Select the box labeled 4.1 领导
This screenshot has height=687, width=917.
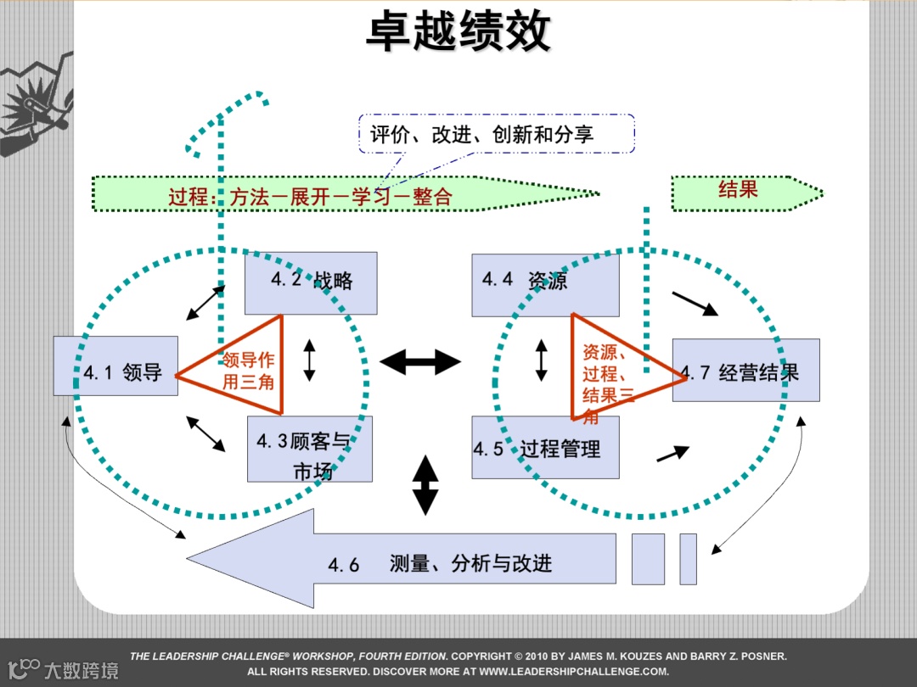[x=115, y=366]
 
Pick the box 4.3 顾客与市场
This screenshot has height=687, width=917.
[x=309, y=450]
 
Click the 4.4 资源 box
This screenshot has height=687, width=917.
[x=545, y=282]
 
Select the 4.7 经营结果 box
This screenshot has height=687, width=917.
[x=745, y=370]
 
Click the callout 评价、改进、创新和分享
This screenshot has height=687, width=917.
[x=497, y=134]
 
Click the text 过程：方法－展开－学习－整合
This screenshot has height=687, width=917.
[x=310, y=197]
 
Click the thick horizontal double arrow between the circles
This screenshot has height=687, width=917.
[x=419, y=362]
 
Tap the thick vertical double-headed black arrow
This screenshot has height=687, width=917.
[x=425, y=485]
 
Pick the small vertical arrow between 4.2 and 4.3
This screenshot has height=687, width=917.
[x=309, y=360]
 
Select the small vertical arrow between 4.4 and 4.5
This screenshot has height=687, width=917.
[x=541, y=360]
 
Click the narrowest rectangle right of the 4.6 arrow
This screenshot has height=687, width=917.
[x=688, y=559]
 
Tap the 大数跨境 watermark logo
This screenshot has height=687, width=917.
[x=64, y=669]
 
